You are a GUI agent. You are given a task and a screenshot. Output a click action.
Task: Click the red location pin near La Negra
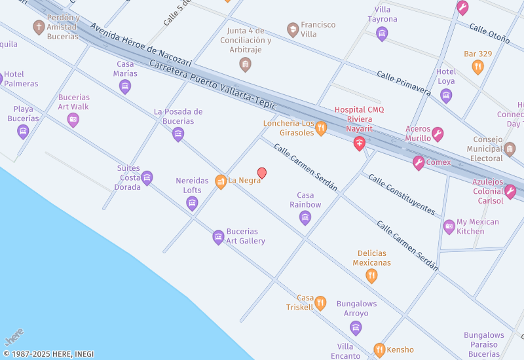point(262,173)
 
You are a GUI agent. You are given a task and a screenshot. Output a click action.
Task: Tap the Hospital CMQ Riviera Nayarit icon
point(359,143)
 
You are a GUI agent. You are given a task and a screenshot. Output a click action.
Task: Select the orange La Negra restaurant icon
point(221,181)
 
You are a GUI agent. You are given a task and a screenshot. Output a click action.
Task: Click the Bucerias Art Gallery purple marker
point(218,237)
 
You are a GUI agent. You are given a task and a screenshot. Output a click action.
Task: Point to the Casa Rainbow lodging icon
point(305,218)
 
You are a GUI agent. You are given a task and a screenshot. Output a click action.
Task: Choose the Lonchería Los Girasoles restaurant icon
point(320,128)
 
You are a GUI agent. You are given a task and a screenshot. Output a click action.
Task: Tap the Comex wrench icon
point(419,162)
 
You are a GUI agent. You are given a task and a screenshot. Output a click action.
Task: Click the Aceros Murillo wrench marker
point(438,134)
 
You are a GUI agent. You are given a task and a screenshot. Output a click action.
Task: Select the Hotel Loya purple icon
point(446,96)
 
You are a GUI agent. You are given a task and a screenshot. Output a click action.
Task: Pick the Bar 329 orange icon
point(477,66)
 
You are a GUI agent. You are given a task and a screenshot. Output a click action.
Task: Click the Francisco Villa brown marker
point(293,29)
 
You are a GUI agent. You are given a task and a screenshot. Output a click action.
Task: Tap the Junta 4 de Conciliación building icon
point(245,64)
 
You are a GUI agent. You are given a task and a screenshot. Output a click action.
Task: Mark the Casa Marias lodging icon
point(125,86)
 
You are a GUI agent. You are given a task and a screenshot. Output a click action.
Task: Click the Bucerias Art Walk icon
point(73,120)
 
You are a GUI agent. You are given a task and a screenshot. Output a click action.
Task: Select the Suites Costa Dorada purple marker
point(147,177)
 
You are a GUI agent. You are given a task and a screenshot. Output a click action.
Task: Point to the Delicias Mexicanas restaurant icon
point(371,276)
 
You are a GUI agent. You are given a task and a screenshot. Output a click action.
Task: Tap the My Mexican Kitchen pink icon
point(449,227)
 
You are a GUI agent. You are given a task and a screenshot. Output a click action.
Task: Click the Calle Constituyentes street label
point(402,194)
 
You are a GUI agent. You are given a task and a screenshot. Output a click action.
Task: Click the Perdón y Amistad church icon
point(39,27)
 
